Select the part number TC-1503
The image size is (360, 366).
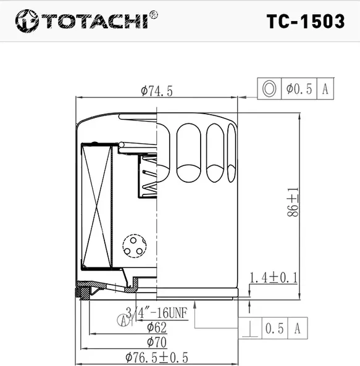point(305,21)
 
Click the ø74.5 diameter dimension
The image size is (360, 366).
point(156,91)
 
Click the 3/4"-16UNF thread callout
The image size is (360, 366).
point(151,311)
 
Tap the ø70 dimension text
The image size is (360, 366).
point(156,341)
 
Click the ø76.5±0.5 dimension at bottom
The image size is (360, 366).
point(156,357)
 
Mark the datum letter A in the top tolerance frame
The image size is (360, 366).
point(325,89)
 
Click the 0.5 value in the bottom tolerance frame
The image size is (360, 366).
point(275,328)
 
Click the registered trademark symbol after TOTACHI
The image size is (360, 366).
point(153,14)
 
